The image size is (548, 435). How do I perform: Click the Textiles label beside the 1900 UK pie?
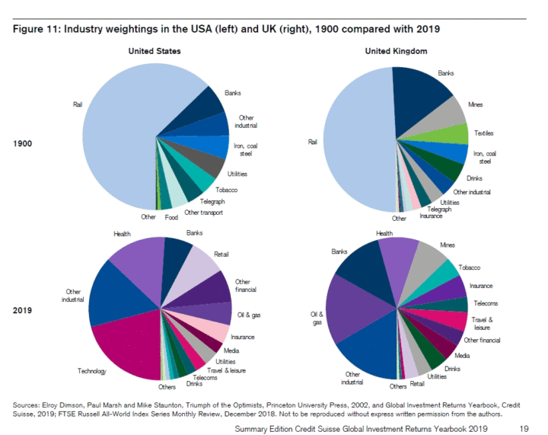pos(484,133)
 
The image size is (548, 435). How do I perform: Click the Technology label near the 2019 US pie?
pos(92,371)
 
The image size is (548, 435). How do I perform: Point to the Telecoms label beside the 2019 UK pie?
pos(485,303)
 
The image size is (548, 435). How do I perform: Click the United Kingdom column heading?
pos(396,50)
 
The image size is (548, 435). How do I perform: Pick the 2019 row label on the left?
pos(24,311)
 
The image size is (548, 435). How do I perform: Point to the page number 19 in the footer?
pos(524,428)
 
